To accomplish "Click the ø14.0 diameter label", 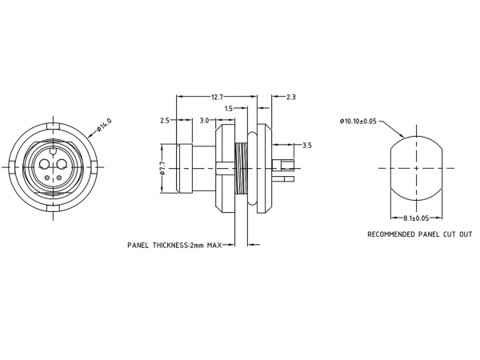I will click(104, 126).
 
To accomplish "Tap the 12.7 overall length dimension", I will click(218, 97).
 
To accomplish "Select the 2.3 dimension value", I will click(290, 97).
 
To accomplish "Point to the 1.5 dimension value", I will click(229, 108).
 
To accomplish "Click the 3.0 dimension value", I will click(204, 120).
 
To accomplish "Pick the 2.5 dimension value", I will click(165, 120).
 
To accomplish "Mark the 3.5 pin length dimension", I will click(307, 146).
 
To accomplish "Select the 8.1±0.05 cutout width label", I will click(416, 218).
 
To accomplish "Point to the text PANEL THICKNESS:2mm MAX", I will click(174, 245).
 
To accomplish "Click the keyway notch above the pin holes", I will click(53, 150).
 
